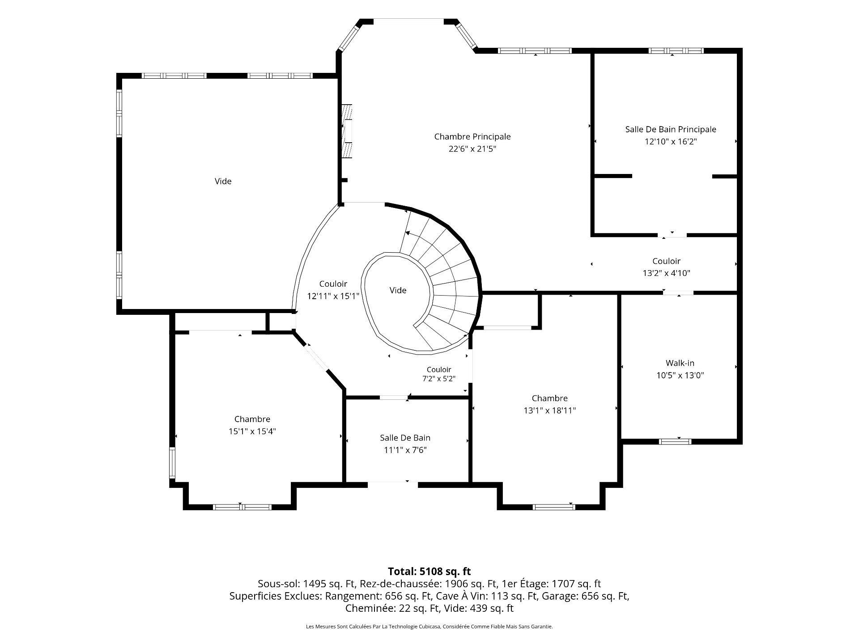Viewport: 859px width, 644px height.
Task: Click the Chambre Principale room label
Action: pyautogui.click(x=472, y=136)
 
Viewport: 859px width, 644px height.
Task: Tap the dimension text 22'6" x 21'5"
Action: pyautogui.click(x=472, y=148)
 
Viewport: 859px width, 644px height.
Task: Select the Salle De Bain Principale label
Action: pyautogui.click(x=671, y=129)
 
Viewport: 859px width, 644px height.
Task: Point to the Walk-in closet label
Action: pyautogui.click(x=680, y=363)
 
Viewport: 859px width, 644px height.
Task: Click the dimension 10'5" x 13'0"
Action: pyautogui.click(x=680, y=375)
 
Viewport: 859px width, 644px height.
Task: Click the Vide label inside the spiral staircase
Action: pyautogui.click(x=398, y=290)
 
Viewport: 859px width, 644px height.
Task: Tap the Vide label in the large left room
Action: pyautogui.click(x=223, y=181)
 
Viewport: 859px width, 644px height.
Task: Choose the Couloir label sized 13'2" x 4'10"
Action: pyautogui.click(x=666, y=261)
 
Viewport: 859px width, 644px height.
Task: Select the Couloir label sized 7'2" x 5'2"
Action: pyautogui.click(x=439, y=369)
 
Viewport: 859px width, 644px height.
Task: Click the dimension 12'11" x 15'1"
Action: pyautogui.click(x=333, y=296)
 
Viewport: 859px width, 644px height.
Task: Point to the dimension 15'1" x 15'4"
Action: pyautogui.click(x=252, y=431)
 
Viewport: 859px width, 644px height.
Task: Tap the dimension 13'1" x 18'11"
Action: pyautogui.click(x=549, y=410)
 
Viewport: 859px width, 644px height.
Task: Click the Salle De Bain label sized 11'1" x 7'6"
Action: pyautogui.click(x=405, y=438)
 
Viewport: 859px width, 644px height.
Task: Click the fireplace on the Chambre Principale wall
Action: pyautogui.click(x=347, y=131)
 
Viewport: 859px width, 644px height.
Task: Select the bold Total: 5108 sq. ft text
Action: pyautogui.click(x=429, y=571)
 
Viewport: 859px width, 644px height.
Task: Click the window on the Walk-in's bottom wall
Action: pyautogui.click(x=675, y=442)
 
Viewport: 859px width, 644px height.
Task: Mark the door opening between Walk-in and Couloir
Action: pyautogui.click(x=678, y=293)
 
